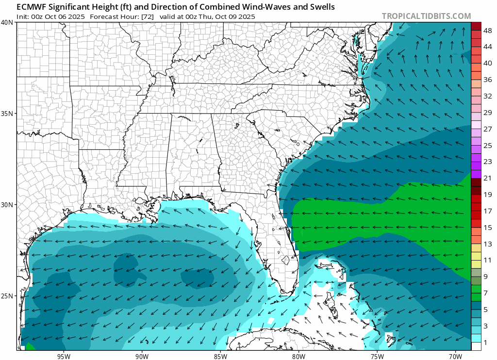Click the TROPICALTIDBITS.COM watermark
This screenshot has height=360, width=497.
pos(426,16)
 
